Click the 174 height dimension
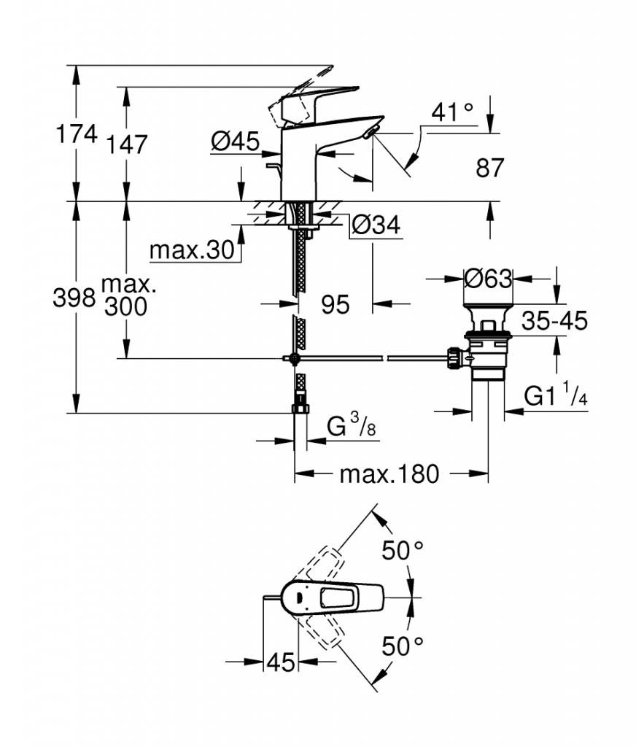coord(77,134)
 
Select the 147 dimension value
coord(126,144)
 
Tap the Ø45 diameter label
coord(236,142)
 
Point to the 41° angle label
coord(453,113)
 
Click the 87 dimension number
coord(489,168)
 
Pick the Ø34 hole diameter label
coord(376,225)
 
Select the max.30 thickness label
coord(193,249)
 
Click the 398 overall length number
coord(74,298)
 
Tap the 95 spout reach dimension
coord(336,304)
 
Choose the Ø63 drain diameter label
coord(489,278)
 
